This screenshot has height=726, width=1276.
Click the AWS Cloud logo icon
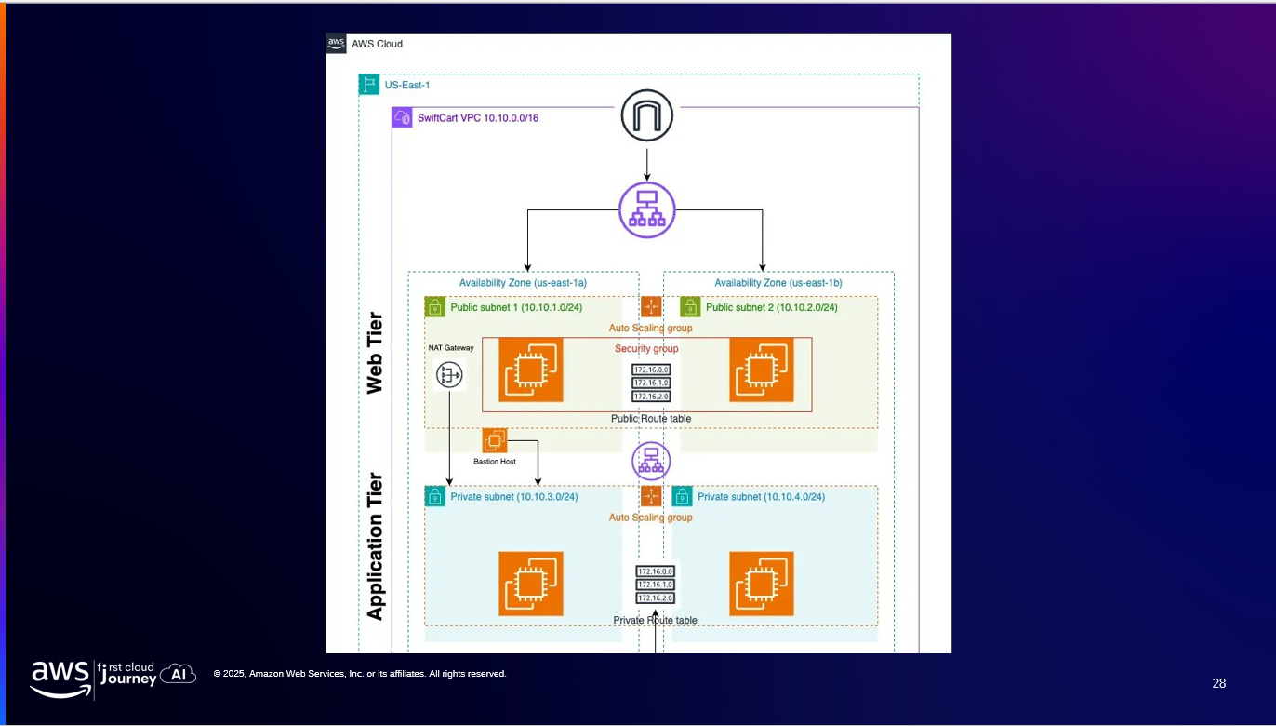(336, 44)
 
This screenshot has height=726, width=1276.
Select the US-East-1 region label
(407, 85)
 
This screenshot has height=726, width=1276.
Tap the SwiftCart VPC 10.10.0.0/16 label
(478, 118)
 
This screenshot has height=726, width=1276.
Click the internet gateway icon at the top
(647, 115)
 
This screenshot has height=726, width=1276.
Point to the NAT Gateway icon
(449, 375)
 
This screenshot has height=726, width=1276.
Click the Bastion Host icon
(495, 440)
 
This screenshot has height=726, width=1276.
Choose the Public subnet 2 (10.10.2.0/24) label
(771, 307)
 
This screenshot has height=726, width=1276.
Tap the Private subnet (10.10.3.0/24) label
(514, 497)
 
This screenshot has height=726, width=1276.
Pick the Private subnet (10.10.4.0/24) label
(761, 497)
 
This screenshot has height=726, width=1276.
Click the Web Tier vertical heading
(375, 353)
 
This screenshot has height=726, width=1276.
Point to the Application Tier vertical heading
(375, 546)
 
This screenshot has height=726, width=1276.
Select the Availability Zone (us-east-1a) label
(523, 283)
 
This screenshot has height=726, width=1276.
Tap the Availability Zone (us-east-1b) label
(778, 283)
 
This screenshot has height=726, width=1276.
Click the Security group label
(646, 349)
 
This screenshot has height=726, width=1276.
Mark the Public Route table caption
(651, 419)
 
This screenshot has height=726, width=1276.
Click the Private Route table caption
(655, 620)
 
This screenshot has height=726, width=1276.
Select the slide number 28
(1219, 683)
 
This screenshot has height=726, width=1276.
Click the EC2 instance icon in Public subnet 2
(762, 370)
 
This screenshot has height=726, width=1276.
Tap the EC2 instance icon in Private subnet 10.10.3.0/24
(531, 584)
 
